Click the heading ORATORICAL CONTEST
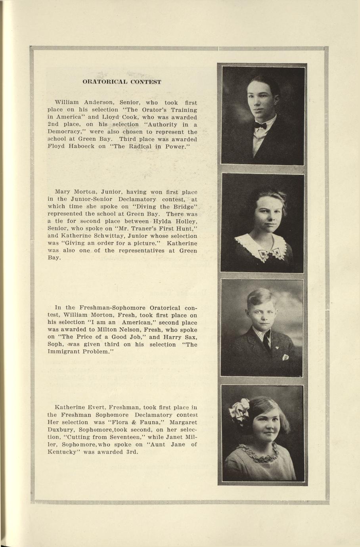(122, 82)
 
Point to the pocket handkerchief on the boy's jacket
(285, 357)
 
